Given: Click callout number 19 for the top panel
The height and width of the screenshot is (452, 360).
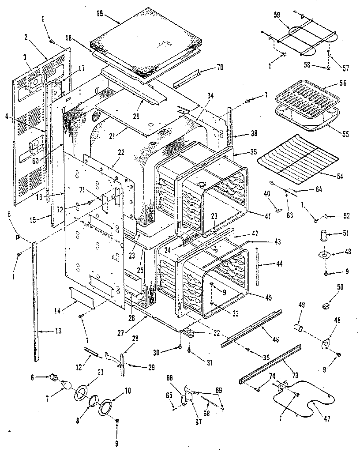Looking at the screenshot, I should click(x=100, y=14).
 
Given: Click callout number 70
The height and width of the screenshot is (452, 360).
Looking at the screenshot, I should click(x=219, y=67).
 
